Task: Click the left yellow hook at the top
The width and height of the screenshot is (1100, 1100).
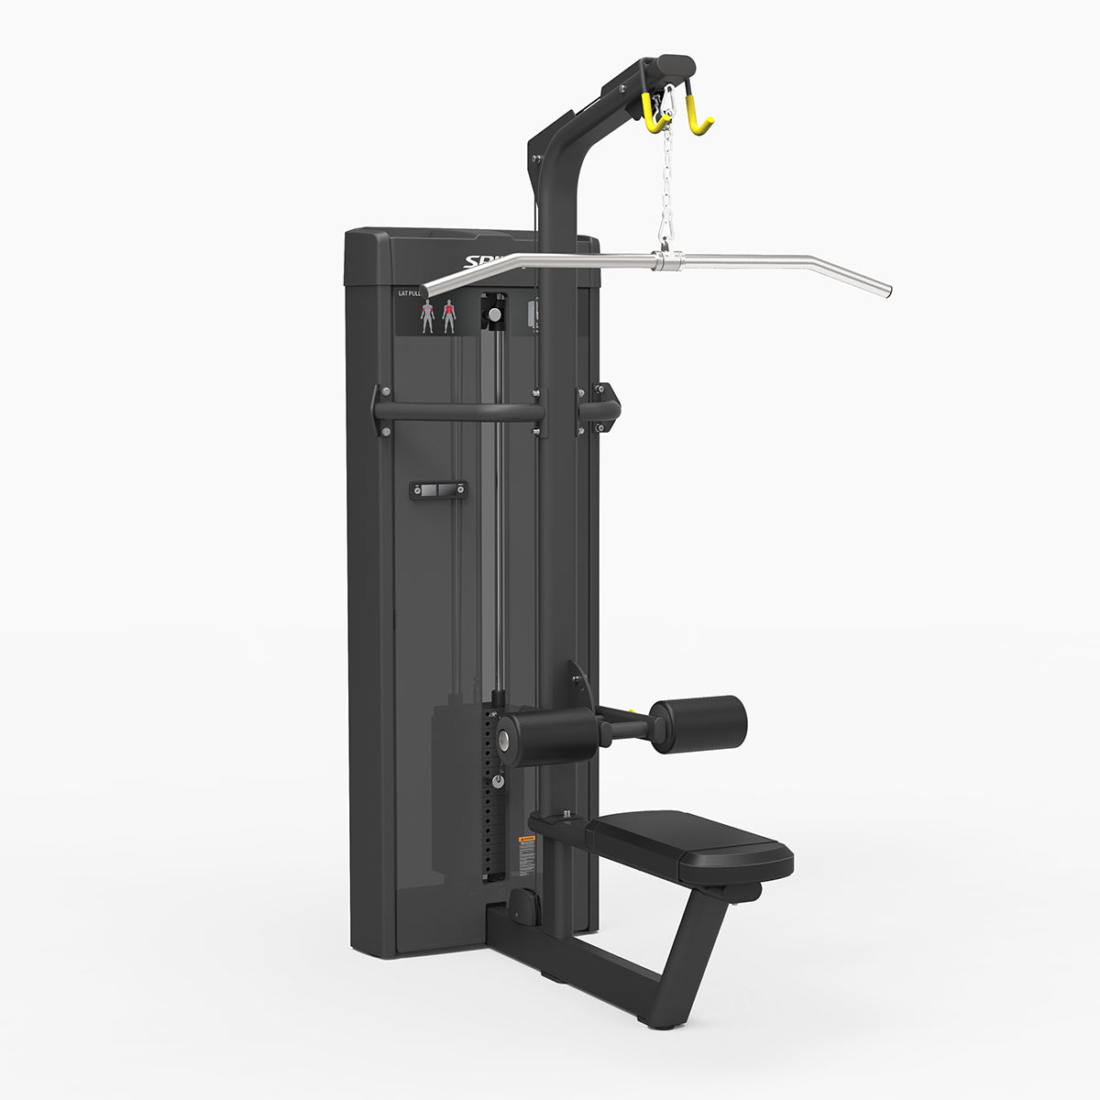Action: coord(653,115)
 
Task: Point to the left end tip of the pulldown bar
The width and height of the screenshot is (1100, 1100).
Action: coord(427,291)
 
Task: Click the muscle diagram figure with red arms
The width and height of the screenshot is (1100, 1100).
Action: coord(427,316)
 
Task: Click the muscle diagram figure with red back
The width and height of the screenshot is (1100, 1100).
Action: coord(449,316)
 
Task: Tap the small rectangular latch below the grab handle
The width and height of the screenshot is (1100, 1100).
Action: coord(437,490)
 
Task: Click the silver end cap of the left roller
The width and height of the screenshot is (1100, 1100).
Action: coord(505,739)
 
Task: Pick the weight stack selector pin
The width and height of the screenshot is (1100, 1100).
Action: coord(498,781)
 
